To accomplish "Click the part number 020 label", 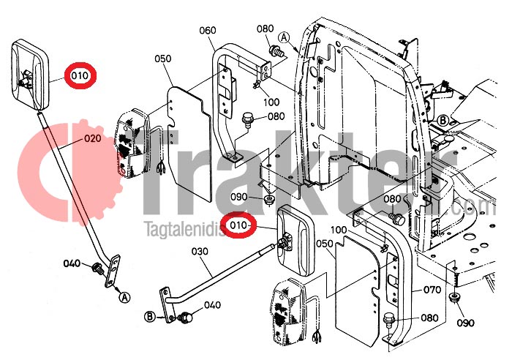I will [92, 138].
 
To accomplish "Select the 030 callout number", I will [200, 251].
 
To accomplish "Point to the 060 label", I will [207, 30].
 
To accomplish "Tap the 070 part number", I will [432, 290].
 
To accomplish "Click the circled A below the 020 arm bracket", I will [124, 296].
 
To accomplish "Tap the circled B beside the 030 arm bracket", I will [150, 317].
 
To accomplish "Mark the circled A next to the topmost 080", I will [284, 37].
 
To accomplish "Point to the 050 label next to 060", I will [162, 59].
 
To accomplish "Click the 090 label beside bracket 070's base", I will [465, 323].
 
